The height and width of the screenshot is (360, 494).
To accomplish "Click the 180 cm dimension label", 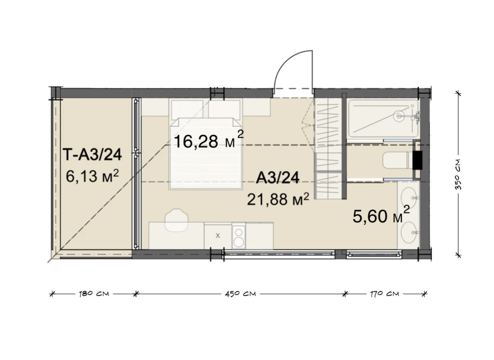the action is click(x=94, y=294).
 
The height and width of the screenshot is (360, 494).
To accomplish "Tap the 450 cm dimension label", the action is click(x=240, y=294).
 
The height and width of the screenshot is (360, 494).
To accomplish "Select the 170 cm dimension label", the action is click(x=384, y=294).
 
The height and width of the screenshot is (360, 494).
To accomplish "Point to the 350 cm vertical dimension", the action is click(x=459, y=174).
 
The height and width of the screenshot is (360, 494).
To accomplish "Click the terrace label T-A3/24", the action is click(x=92, y=154).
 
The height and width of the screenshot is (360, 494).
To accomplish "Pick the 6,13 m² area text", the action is click(x=92, y=176).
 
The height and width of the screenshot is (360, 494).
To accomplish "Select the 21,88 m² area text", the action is click(x=278, y=199).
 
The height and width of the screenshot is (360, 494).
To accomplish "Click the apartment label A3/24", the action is click(x=277, y=178).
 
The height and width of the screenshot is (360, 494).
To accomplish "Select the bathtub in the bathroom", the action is click(x=383, y=119).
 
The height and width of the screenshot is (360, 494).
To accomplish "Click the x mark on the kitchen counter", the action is click(x=218, y=236).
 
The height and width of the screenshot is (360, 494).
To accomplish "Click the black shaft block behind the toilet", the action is click(x=417, y=160).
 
